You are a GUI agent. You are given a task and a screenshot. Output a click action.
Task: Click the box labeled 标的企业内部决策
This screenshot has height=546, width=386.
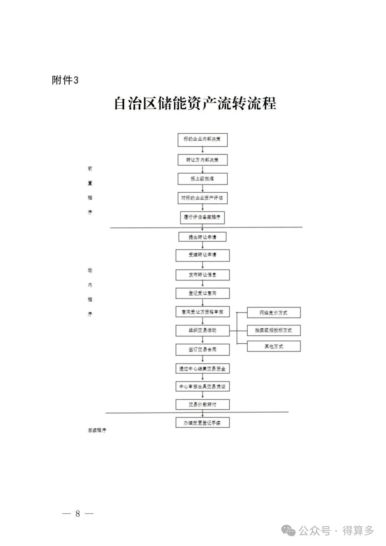coord(202,139)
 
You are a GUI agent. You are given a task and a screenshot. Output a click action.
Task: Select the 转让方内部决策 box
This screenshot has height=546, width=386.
coord(202,160)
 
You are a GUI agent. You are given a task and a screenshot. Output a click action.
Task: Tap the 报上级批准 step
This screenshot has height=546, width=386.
coord(202,179)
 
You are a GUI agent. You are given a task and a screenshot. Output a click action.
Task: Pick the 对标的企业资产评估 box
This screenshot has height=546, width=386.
coord(202,198)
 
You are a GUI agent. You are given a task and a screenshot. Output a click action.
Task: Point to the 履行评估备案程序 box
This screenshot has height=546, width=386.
coord(202,217)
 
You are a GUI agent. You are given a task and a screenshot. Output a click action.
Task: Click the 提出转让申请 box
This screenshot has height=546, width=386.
coord(202,237)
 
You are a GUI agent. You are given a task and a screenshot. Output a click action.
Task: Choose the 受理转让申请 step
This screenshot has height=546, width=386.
coord(202,255)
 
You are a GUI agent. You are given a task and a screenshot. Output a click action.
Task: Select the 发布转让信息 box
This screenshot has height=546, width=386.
coord(202,275)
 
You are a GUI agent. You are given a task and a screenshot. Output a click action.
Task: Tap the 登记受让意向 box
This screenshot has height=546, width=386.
coord(202,293)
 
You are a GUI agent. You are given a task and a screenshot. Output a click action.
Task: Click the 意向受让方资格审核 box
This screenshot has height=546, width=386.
coord(202,312)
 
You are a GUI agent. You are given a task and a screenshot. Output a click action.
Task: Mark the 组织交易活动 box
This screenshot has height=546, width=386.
coord(202,330)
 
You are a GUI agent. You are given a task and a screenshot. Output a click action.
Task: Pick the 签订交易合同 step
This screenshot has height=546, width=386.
coord(202,349)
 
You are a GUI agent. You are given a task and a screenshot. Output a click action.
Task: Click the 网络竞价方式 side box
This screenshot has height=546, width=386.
coord(273,313)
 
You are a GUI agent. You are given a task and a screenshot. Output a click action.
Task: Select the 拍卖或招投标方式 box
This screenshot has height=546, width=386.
coord(273,330)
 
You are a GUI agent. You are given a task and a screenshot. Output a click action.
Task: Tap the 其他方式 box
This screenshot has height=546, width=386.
coord(273,346)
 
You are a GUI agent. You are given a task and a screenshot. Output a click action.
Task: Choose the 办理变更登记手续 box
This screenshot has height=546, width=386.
coord(202,423)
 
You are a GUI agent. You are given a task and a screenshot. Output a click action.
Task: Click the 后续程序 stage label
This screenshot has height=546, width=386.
coord(97,431)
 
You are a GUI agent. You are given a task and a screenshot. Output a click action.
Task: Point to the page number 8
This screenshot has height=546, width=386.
coord(78,514)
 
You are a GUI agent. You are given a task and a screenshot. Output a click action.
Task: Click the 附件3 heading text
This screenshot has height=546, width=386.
coord(65,80)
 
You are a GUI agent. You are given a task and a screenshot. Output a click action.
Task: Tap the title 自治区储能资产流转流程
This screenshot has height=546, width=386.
coord(195,103)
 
